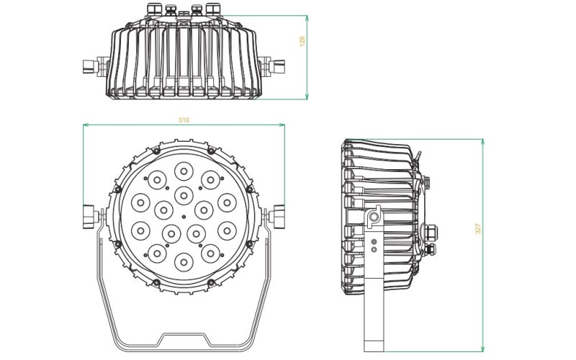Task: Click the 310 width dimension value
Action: pyautogui.click(x=184, y=120)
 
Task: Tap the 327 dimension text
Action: pyautogui.click(x=477, y=229)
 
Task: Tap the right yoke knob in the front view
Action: pyautogui.click(x=279, y=215)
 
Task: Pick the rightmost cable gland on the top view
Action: pyautogui.click(x=212, y=9)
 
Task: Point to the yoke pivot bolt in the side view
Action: pyautogui.click(x=374, y=217)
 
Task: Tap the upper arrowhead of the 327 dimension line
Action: pyautogui.click(x=483, y=142)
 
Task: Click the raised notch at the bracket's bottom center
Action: pyautogui.click(x=184, y=336)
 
